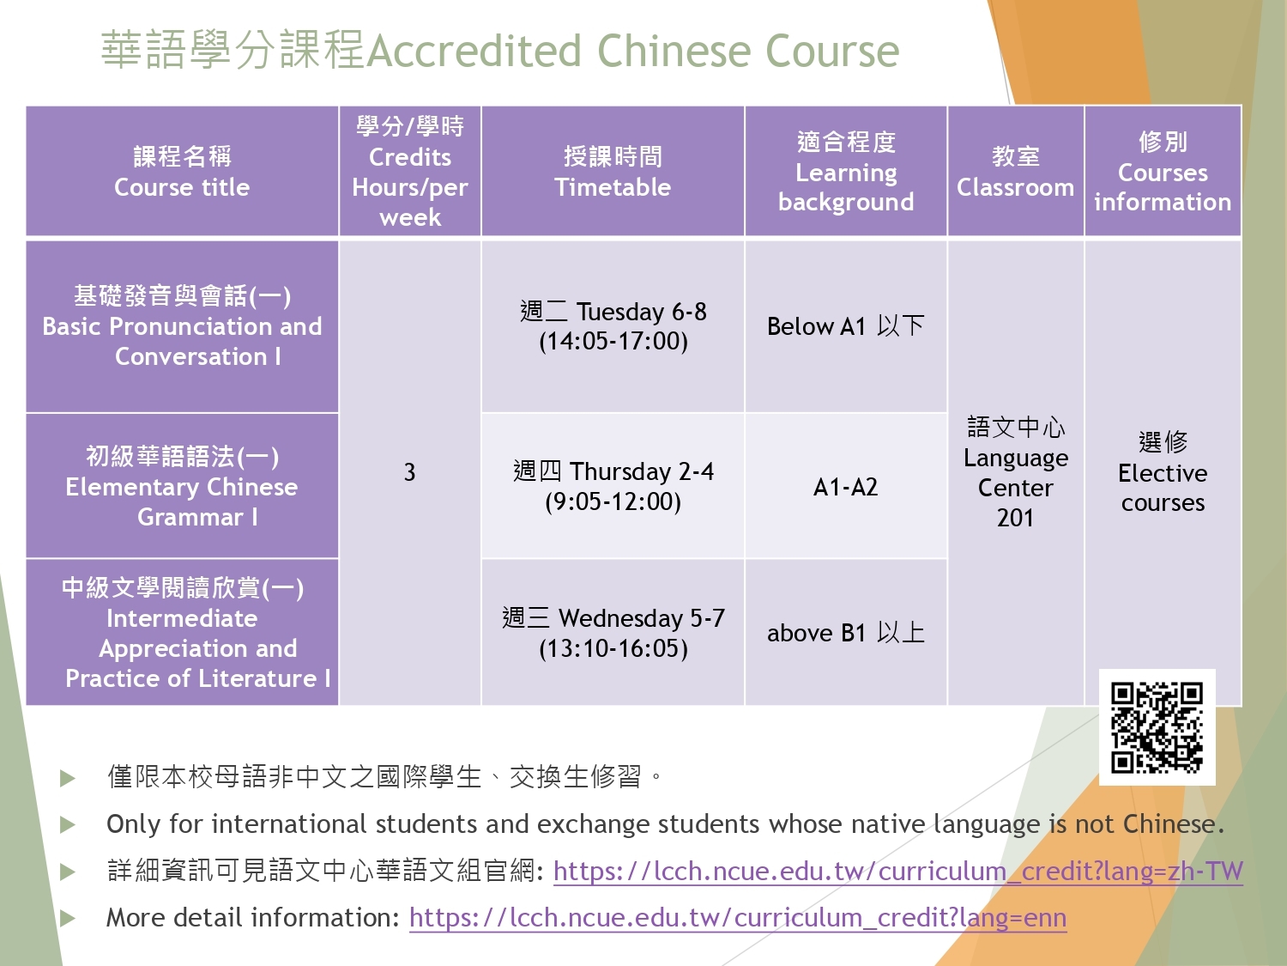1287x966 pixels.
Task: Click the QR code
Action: [1157, 727]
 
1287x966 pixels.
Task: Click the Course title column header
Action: [183, 171]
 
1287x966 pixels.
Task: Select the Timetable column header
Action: [613, 171]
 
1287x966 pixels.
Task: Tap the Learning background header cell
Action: [845, 171]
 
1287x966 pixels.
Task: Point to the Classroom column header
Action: [1016, 171]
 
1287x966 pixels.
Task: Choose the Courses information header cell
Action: [1163, 171]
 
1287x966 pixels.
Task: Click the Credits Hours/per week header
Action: [410, 171]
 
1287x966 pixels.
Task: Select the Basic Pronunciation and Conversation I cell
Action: [183, 326]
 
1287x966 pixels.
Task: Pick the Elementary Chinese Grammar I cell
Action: [183, 486]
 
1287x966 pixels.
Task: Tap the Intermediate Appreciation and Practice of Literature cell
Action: [183, 632]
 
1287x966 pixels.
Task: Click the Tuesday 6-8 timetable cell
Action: [613, 326]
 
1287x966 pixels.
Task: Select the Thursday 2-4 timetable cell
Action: [613, 486]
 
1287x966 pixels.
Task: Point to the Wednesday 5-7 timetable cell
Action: [613, 632]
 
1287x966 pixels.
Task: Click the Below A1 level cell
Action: [845, 326]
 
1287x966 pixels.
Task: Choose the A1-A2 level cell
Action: [845, 486]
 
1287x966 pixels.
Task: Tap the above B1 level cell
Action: [845, 632]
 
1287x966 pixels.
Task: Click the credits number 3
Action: [410, 472]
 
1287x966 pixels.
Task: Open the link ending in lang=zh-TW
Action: [897, 872]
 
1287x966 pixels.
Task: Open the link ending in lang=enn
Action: [738, 918]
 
